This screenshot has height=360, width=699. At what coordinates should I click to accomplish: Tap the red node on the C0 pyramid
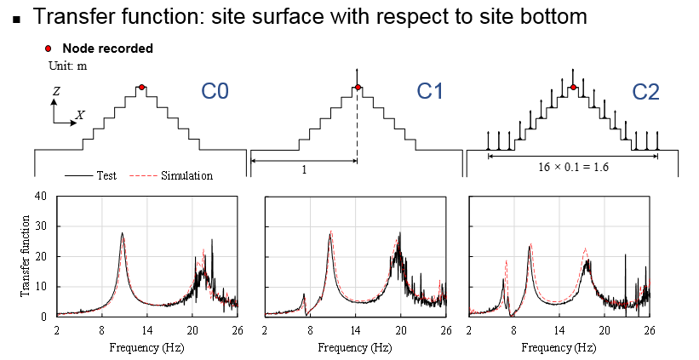(x=141, y=87)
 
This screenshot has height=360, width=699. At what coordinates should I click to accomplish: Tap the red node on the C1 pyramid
(x=358, y=87)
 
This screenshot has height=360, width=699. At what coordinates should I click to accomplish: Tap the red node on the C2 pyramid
(x=574, y=87)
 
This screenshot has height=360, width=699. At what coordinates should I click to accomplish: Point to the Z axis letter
(x=54, y=89)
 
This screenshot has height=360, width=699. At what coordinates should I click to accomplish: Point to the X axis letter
(x=80, y=114)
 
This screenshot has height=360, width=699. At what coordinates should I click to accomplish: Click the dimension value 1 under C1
(x=305, y=169)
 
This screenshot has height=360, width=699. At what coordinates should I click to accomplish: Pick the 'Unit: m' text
(x=66, y=64)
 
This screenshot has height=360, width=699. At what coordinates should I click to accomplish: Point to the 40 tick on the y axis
(x=40, y=196)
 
